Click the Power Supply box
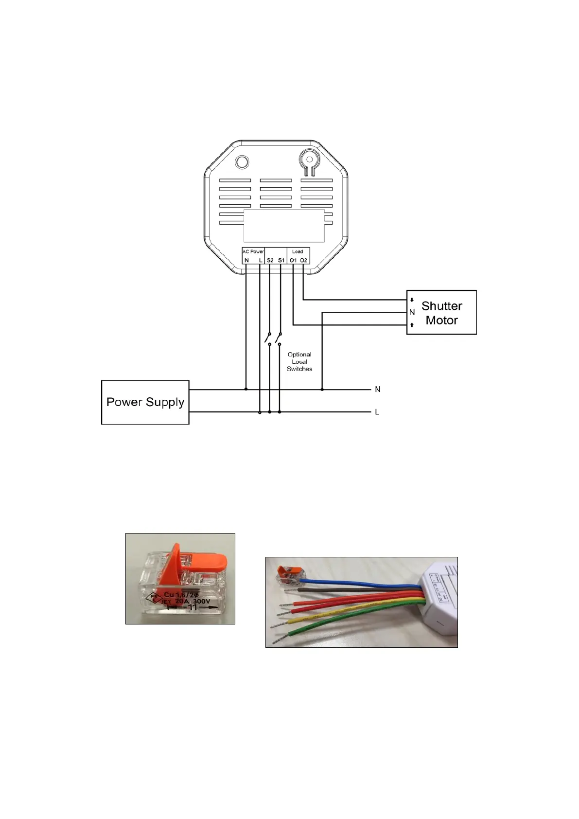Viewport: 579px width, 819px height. click(x=145, y=402)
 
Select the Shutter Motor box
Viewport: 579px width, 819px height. click(x=441, y=313)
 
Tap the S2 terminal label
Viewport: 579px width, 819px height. click(x=270, y=261)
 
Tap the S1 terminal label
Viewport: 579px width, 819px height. click(x=281, y=261)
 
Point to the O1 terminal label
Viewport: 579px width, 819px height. click(x=293, y=261)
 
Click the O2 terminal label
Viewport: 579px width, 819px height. click(x=304, y=261)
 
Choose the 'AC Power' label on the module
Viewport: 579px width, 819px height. click(x=253, y=251)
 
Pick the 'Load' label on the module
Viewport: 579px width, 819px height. click(x=298, y=251)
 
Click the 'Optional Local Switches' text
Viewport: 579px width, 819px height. click(x=299, y=362)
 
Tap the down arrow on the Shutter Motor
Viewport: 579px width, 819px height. click(x=412, y=300)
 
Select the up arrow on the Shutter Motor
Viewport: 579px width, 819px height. click(x=412, y=325)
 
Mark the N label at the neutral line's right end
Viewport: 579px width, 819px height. click(x=378, y=390)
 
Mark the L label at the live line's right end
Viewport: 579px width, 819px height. click(x=377, y=412)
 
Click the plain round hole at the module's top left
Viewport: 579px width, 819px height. click(x=242, y=162)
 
